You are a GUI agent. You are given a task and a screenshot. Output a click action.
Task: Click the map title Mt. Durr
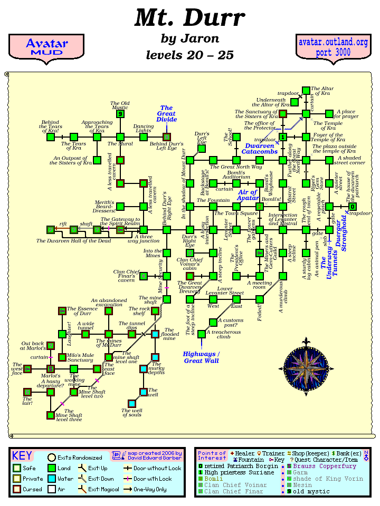click(x=189, y=18)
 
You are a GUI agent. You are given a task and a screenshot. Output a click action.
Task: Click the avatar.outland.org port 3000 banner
click(x=332, y=47)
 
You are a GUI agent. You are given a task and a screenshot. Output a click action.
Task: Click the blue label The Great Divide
click(x=166, y=114)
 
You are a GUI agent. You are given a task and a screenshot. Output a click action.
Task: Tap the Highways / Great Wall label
click(x=201, y=357)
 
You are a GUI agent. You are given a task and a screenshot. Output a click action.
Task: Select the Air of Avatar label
click(x=247, y=196)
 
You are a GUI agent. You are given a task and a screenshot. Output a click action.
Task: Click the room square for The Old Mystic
click(x=120, y=114)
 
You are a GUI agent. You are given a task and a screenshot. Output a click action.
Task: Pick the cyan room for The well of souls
click(x=132, y=404)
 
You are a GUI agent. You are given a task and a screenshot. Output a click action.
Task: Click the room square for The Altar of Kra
click(x=306, y=91)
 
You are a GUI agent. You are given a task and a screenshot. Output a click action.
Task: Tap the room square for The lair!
click(x=27, y=392)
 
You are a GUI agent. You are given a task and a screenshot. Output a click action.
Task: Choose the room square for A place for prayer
click(x=329, y=113)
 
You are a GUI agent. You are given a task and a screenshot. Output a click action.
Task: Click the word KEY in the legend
click(x=22, y=456)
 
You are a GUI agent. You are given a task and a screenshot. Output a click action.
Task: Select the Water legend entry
click(x=59, y=479)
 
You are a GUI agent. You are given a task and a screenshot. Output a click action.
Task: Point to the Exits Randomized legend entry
click(x=74, y=458)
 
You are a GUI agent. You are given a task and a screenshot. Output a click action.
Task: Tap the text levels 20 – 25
click(x=189, y=55)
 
